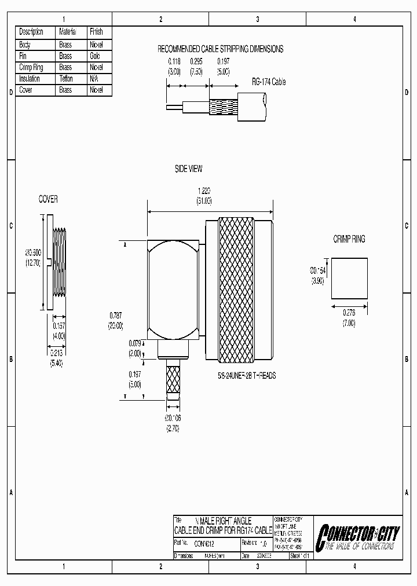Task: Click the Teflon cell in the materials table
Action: point(65,78)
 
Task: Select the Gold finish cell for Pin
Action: point(95,56)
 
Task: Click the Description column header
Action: point(31,32)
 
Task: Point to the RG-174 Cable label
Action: point(268,82)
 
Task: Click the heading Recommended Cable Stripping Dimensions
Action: point(221,49)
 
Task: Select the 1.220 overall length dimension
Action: point(204,190)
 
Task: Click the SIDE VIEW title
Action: point(188,169)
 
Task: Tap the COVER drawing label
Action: point(48,199)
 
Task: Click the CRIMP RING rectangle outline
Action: point(349,279)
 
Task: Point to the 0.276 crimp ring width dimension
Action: point(348,313)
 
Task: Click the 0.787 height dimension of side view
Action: point(116,315)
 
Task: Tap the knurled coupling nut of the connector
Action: point(235,290)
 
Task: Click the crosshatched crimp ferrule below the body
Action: point(174,380)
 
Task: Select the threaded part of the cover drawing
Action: point(60,262)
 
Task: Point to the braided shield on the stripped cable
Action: point(224,105)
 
